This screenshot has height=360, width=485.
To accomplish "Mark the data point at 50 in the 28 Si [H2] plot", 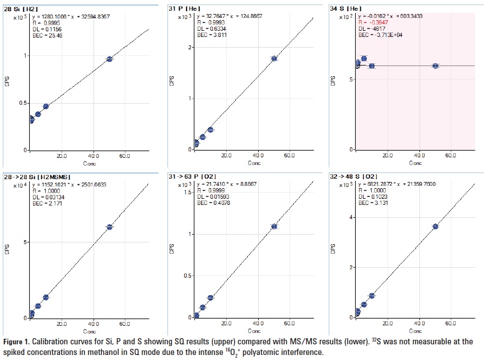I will [109, 59].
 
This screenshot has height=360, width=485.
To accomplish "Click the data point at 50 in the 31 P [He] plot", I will [274, 58].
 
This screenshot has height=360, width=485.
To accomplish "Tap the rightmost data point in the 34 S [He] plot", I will [435, 66].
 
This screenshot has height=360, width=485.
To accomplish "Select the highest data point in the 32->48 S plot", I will [435, 226].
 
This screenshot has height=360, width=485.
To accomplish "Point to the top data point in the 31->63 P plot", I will [274, 226].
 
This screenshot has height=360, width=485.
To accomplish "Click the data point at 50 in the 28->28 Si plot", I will [109, 227].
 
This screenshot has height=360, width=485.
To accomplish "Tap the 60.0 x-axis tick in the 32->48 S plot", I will [450, 323].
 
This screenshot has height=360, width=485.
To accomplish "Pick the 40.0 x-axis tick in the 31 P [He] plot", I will [258, 155].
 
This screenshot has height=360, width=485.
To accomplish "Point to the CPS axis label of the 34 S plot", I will [334, 81].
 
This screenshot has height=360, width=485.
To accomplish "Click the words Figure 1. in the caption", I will [17, 341].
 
